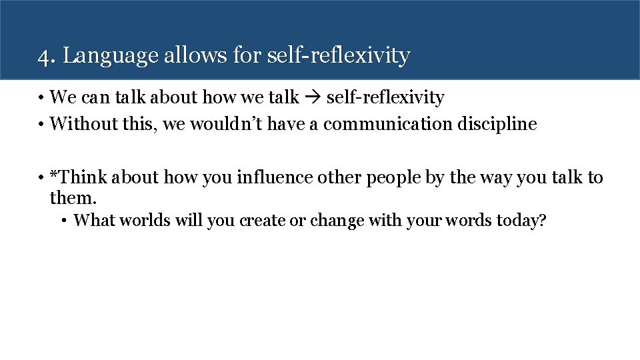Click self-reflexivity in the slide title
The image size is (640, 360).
point(338,56)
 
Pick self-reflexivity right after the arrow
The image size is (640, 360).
point(385,98)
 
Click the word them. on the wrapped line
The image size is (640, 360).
point(73,197)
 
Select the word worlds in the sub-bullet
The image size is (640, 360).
point(147,221)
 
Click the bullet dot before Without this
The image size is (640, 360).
point(41,125)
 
